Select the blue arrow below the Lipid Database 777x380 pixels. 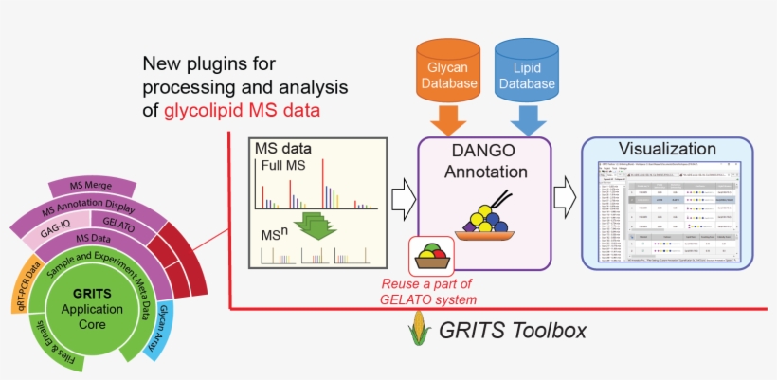(x=526, y=120)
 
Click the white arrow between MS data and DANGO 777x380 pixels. (x=404, y=196)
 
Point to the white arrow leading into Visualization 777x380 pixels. (x=565, y=196)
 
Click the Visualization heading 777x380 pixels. (x=666, y=149)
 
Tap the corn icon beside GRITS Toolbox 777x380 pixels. (x=413, y=331)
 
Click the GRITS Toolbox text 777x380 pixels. (x=512, y=331)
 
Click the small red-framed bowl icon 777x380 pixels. (x=430, y=255)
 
